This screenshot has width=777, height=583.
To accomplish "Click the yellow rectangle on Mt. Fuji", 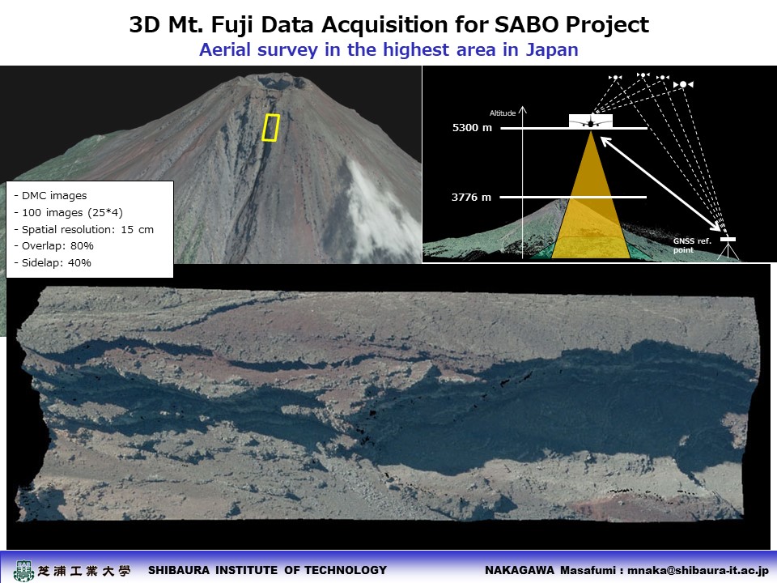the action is tap(270, 128).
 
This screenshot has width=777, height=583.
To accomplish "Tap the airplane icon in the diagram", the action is tap(591, 121).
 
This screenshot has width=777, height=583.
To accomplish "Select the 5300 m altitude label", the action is tap(472, 127).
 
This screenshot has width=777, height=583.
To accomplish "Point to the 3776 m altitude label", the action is tap(471, 197).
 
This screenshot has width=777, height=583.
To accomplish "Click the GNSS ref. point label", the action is tap(692, 245).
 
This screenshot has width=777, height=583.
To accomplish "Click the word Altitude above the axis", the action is tap(503, 113).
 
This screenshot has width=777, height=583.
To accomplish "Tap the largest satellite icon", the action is tap(683, 84).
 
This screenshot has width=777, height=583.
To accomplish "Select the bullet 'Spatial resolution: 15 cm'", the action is tap(83, 229).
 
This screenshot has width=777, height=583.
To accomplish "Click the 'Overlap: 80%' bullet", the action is tap(53, 246).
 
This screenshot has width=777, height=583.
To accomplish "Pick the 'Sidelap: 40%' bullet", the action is tap(53, 262).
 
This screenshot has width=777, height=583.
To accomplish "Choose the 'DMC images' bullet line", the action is tap(50, 195).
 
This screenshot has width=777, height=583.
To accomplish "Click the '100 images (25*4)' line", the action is tap(68, 212).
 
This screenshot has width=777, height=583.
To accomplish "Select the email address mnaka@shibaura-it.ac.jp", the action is tap(698, 571).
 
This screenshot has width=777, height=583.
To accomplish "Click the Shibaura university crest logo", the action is tap(23, 571).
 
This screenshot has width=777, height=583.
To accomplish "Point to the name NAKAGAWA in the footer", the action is tap(520, 571).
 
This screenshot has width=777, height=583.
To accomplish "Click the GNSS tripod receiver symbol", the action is tap(728, 248).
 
